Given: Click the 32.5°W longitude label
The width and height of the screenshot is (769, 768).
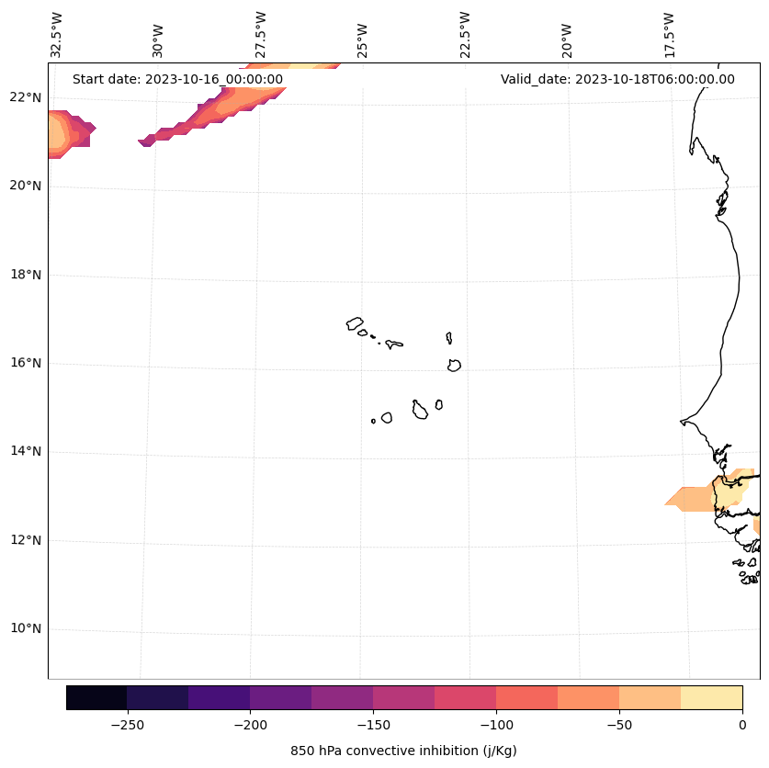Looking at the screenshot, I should pyautogui.click(x=57, y=34).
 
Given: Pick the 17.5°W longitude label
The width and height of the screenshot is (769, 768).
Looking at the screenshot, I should pyautogui.click(x=669, y=34).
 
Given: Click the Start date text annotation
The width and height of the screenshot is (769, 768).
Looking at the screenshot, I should pyautogui.click(x=177, y=79).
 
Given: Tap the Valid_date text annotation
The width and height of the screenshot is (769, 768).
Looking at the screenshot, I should pyautogui.click(x=617, y=79).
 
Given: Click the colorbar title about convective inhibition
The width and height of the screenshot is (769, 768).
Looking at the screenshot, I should pyautogui.click(x=403, y=751).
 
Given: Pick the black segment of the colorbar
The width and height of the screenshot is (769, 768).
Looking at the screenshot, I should pyautogui.click(x=96, y=697).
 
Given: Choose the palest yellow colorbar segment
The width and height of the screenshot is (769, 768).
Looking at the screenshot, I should pyautogui.click(x=711, y=697).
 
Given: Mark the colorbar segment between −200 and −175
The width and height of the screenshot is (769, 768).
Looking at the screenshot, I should pyautogui.click(x=280, y=697).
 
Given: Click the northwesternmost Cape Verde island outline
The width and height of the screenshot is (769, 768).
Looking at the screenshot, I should pyautogui.click(x=355, y=323).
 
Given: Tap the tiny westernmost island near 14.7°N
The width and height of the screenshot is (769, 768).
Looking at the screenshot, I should pyautogui.click(x=373, y=421).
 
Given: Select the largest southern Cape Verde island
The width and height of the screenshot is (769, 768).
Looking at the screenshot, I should pyautogui.click(x=420, y=411).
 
